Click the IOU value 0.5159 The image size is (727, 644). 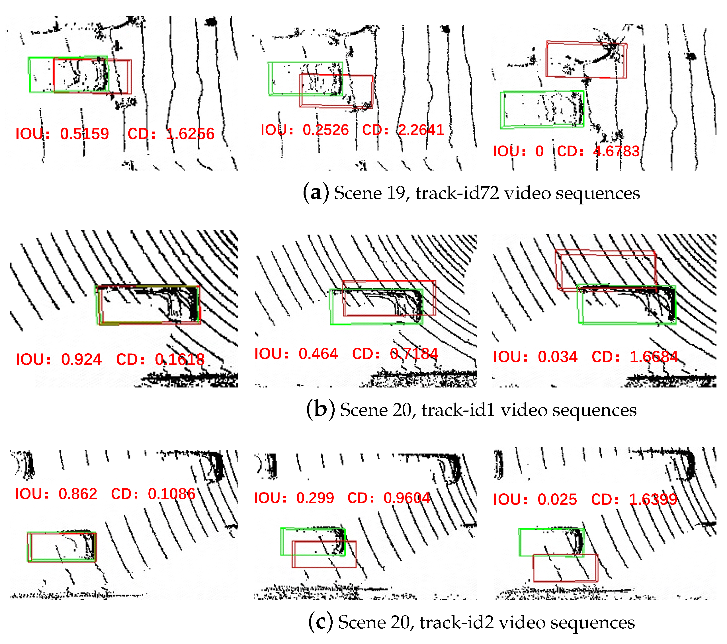click(x=84, y=134)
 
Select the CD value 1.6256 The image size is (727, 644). click(x=190, y=134)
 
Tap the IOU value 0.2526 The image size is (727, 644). click(x=325, y=130)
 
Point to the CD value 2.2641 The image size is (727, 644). click(x=421, y=130)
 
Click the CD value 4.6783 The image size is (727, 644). click(x=617, y=151)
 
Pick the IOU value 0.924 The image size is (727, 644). click(x=81, y=360)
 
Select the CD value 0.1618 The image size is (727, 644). click(x=180, y=360)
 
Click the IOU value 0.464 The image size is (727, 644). click(x=318, y=354)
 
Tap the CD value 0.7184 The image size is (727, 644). click(x=414, y=354)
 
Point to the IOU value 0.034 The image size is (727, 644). click(x=558, y=357)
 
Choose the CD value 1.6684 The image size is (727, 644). click(x=654, y=357)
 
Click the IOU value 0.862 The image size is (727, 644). click(x=78, y=494)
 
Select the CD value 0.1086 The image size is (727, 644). click(x=172, y=494)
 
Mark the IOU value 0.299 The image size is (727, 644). click(x=315, y=498)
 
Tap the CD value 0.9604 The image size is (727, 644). click(x=407, y=498)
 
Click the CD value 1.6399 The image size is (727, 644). click(x=653, y=500)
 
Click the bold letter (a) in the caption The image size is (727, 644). click(x=316, y=193)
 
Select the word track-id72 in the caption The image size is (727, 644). click(x=457, y=193)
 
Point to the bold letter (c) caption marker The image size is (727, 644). click(x=320, y=622)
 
